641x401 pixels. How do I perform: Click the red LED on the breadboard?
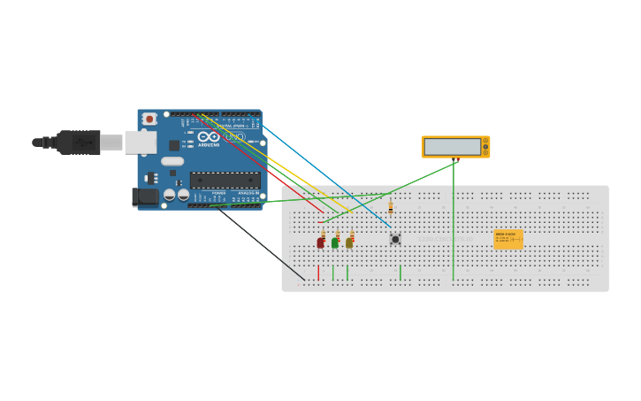pyautogui.click(x=320, y=243)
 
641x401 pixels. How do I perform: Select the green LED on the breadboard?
pyautogui.click(x=334, y=243)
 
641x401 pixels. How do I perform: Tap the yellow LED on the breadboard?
pyautogui.click(x=349, y=243)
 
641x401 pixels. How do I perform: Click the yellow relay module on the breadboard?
pyautogui.click(x=508, y=239)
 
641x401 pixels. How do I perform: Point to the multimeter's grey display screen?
pyautogui.click(x=452, y=147)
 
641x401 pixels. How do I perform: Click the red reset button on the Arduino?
pyautogui.click(x=149, y=119)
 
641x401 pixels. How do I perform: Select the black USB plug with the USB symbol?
pyautogui.click(x=79, y=143)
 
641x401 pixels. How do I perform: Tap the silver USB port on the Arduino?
pyautogui.click(x=140, y=142)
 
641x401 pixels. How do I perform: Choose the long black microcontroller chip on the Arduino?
pyautogui.click(x=225, y=180)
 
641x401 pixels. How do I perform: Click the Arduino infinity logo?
pyautogui.click(x=209, y=137)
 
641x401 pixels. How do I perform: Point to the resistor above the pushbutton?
pyautogui.click(x=390, y=207)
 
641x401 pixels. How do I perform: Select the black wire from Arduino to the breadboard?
pyautogui.click(x=261, y=243)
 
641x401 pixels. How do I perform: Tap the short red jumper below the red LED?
pyautogui.click(x=318, y=272)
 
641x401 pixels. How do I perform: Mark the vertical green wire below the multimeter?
pyautogui.click(x=454, y=221)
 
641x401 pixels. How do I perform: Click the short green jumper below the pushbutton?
pyautogui.click(x=400, y=273)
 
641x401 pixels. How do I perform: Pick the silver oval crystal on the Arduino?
pyautogui.click(x=172, y=161)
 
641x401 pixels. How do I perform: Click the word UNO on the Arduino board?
pyautogui.click(x=234, y=137)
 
